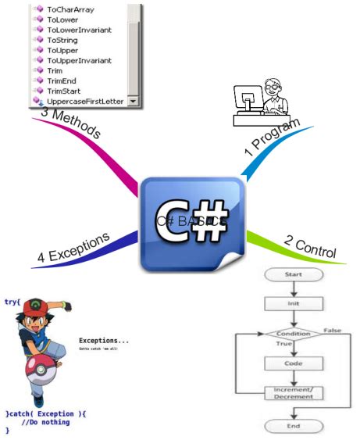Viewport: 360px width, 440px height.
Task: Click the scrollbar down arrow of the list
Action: pyautogui.click(x=133, y=101)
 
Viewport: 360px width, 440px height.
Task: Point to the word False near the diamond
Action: pyautogui.click(x=333, y=331)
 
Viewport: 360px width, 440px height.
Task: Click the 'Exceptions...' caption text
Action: pyautogui.click(x=104, y=341)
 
